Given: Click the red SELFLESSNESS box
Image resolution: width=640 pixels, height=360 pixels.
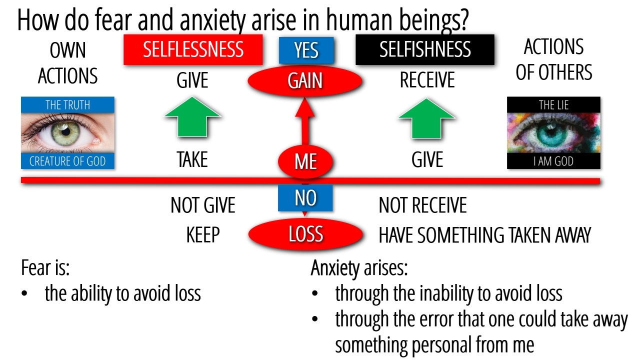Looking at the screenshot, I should coord(193,49).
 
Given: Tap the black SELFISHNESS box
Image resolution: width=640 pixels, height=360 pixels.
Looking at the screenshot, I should coord(424,49).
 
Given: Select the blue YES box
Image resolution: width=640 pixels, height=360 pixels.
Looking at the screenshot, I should coord(306,50).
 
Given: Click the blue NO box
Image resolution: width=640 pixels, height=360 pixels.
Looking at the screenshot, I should coord(305,198).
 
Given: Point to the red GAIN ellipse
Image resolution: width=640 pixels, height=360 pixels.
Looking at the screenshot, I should coord(305,81).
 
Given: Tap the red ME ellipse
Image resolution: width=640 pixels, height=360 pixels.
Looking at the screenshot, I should coord(305,161).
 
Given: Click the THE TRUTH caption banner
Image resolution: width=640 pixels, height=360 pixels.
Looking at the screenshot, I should coord(67,105).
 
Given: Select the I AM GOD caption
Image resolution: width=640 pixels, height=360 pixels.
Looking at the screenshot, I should coord(553,161).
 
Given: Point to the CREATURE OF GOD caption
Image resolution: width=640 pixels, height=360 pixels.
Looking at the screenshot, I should coord(67,161).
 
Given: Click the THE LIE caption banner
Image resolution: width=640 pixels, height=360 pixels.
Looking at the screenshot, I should coord(553,105).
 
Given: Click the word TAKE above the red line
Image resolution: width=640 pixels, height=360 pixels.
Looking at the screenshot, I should coord(192,160).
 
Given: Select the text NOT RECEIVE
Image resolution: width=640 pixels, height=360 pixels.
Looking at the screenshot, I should coord(422,205).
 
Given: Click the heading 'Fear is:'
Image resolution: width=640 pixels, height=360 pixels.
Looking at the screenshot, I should coord(45,268).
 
